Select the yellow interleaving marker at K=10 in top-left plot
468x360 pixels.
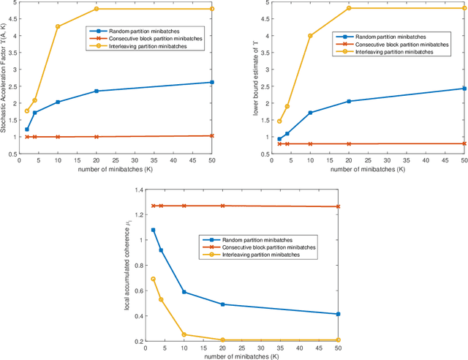(58, 27)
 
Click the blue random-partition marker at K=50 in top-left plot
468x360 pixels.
(212, 82)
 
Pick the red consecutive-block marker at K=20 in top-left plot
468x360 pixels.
(97, 137)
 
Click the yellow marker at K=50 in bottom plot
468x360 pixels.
(338, 340)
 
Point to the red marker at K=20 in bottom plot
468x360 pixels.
(222, 206)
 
